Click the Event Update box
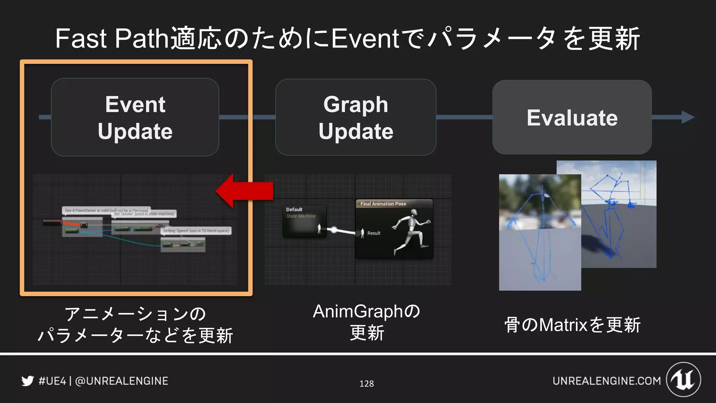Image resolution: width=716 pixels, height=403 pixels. coord(135,118)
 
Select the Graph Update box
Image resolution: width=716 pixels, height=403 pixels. coord(356,118)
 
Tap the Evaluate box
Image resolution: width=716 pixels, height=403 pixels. coord(572,118)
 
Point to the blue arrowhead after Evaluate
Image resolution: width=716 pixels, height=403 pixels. coord(687,117)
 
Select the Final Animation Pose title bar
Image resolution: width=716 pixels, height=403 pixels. coord(394,204)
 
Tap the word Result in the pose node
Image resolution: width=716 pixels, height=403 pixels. coord(374,233)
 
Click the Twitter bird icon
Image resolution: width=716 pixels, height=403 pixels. coord(28,381)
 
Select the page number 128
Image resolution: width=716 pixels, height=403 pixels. coord(366,384)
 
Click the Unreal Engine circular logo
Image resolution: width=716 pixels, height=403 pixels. coord(683,380)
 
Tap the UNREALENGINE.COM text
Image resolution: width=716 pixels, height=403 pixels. coord(607,381)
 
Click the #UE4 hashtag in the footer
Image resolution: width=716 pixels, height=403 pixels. coord(52,381)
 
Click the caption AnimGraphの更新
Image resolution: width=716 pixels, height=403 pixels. coord(366,322)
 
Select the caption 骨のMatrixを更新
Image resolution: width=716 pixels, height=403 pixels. coord(572,325)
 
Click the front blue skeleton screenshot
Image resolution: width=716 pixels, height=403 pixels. coord(540,233)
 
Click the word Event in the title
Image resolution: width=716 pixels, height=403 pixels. coord(365,38)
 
